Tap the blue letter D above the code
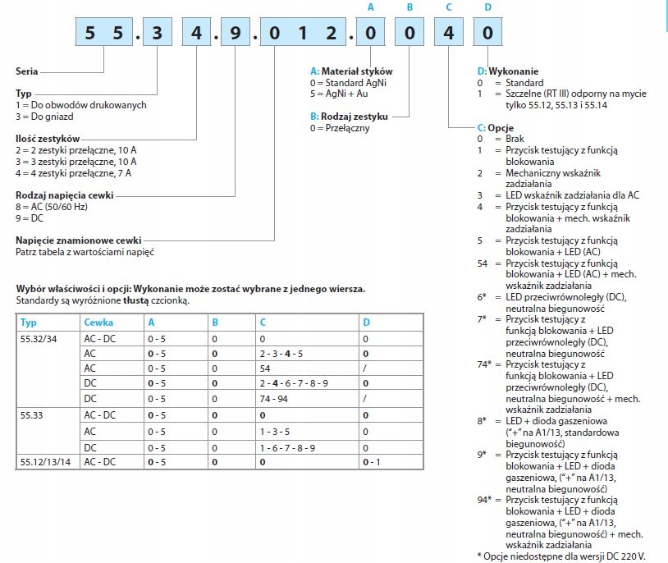tap(488, 7)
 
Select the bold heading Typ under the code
tap(24, 94)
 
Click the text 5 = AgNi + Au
tap(339, 94)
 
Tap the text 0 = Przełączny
tap(336, 128)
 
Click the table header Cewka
tap(98, 323)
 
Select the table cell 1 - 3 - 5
tap(277, 432)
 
